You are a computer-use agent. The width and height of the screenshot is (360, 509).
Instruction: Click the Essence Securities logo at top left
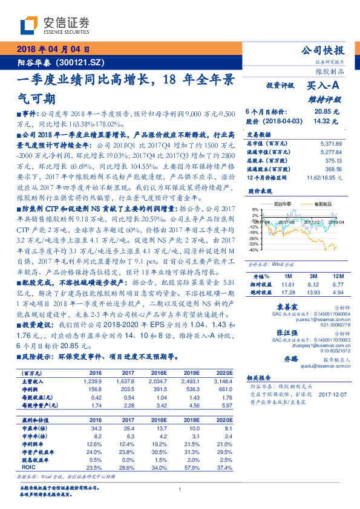pos(55,25)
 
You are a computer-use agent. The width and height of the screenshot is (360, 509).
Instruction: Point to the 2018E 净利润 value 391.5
pos(158,391)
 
